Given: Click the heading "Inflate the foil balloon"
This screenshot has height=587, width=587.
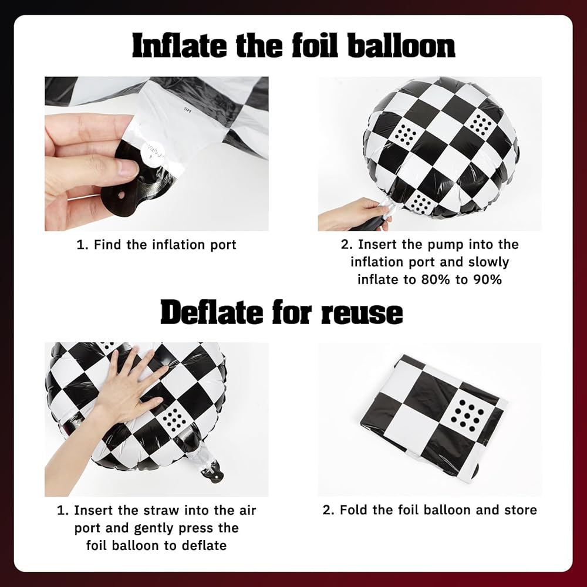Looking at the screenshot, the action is click(293, 45).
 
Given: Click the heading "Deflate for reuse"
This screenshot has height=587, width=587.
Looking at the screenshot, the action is click(282, 312).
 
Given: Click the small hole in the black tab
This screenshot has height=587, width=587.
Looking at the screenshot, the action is click(121, 195).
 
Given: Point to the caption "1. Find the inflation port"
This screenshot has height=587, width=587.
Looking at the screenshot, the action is click(157, 245).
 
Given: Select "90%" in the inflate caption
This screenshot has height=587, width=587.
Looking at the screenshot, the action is click(487, 279).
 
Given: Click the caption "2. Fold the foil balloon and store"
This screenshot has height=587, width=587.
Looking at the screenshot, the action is click(430, 510).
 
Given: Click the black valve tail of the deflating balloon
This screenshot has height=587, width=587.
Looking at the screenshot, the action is click(212, 472).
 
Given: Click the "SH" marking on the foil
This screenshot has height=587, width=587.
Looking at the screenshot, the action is click(188, 110).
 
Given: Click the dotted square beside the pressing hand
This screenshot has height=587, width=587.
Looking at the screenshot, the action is click(173, 419).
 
